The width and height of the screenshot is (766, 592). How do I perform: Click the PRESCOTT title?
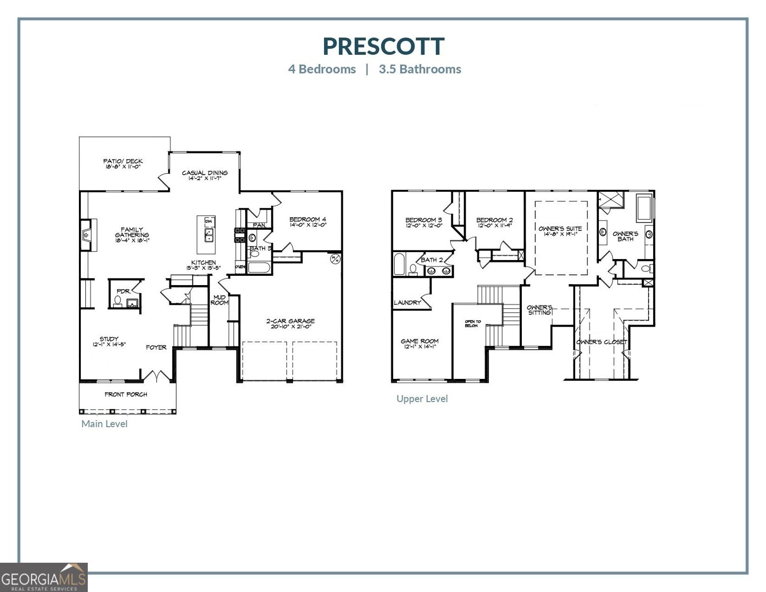pyautogui.click(x=383, y=46)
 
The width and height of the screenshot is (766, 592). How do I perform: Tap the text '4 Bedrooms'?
pyautogui.click(x=322, y=69)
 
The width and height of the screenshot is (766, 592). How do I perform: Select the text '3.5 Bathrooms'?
pyautogui.click(x=420, y=69)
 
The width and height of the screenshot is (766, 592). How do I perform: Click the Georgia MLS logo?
pyautogui.click(x=44, y=577)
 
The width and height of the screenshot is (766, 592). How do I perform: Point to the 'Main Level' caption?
pyautogui.click(x=104, y=424)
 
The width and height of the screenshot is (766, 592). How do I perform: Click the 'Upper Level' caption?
pyautogui.click(x=422, y=399)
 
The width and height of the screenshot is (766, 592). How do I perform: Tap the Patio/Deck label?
pyautogui.click(x=123, y=164)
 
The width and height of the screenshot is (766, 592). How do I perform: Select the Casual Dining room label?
pyautogui.click(x=205, y=175)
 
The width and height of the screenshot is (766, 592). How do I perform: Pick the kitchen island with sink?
pyautogui.click(x=208, y=234)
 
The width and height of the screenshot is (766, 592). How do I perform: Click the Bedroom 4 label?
pyautogui.click(x=308, y=222)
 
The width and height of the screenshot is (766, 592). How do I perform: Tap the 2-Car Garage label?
pyautogui.click(x=290, y=324)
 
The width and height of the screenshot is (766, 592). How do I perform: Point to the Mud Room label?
pyautogui.click(x=219, y=300)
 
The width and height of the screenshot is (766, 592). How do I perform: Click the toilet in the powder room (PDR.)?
pyautogui.click(x=118, y=300)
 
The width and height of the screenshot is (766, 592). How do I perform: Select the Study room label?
pyautogui.click(x=109, y=341)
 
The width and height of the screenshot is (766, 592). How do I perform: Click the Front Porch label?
pyautogui.click(x=126, y=394)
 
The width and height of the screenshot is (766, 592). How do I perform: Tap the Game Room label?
pyautogui.click(x=419, y=343)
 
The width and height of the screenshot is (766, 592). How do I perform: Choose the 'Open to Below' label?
pyautogui.click(x=472, y=324)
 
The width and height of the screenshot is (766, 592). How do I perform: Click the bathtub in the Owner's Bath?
pyautogui.click(x=644, y=208)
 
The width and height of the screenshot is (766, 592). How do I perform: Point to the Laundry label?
pyautogui.click(x=407, y=302)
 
